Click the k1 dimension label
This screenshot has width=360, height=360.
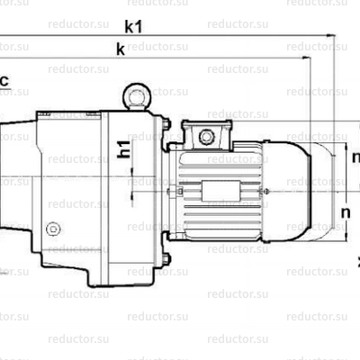(134, 26)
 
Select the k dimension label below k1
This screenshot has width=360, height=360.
(120, 49)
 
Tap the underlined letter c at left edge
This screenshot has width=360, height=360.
(4, 82)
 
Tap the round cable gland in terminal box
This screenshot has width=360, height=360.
(207, 137)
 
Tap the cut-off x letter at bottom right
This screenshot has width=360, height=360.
(357, 261)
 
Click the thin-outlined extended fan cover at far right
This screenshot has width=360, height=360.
(320, 190)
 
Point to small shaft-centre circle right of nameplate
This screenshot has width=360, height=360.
(266, 191)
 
